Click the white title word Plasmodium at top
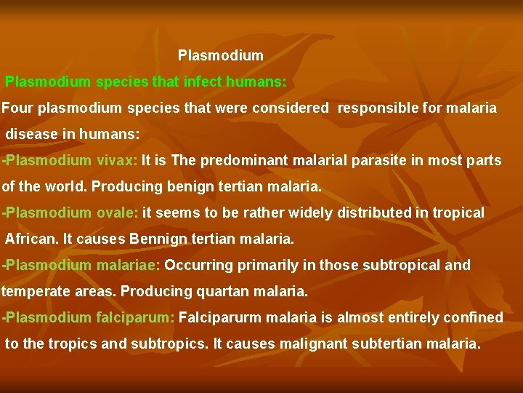point(220,55)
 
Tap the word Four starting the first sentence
point(17,108)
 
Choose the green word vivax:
point(117,161)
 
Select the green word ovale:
point(118,213)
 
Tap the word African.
point(29,239)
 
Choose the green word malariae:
point(128,266)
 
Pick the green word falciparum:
point(135,318)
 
